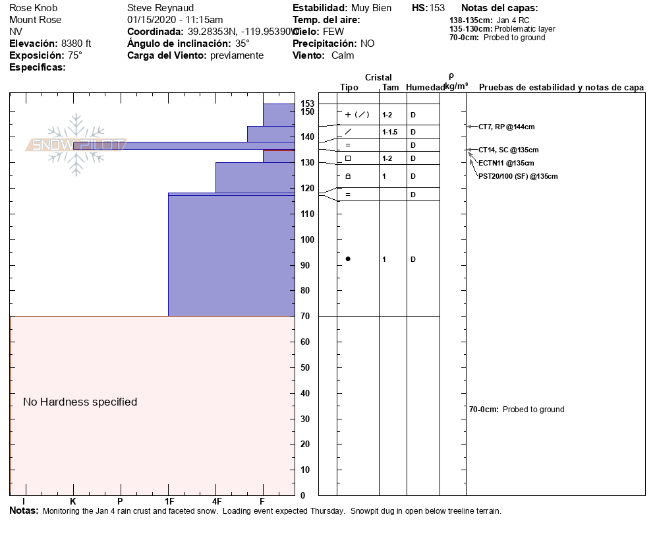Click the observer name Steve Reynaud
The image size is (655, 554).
(x=160, y=8)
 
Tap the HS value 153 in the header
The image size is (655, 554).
(x=437, y=8)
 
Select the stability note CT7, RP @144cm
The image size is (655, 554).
(x=506, y=127)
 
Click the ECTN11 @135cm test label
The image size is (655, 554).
(x=506, y=163)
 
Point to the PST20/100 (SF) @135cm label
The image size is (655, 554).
(x=518, y=176)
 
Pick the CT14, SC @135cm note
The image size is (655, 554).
(x=508, y=150)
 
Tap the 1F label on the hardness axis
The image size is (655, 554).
(x=169, y=502)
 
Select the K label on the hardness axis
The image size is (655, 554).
(x=73, y=502)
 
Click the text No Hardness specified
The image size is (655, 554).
(x=80, y=402)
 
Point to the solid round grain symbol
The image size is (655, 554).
(x=348, y=259)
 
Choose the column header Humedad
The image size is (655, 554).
(x=425, y=87)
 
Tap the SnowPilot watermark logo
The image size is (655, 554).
(x=76, y=144)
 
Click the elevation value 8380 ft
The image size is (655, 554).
(x=76, y=44)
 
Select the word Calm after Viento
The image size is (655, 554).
(x=343, y=55)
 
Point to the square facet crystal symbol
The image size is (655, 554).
(x=348, y=158)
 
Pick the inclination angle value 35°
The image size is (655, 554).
(x=242, y=44)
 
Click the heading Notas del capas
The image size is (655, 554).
(x=499, y=8)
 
